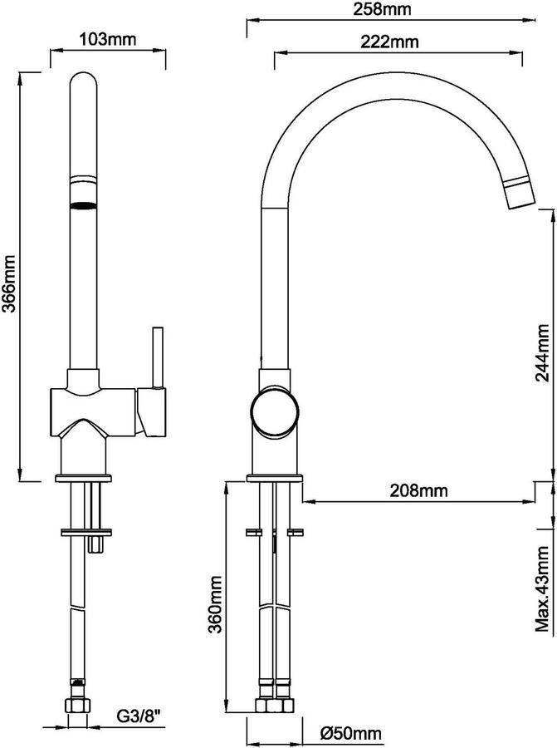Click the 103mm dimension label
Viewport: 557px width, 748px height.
[x=108, y=38]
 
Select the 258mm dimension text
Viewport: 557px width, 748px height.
[x=382, y=9]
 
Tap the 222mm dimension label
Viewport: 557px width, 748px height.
[x=389, y=42]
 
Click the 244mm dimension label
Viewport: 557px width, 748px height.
[x=542, y=353]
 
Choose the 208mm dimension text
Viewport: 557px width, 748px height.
[x=419, y=490]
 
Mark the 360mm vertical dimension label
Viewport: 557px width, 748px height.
[x=215, y=604]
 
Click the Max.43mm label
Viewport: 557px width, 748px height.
[x=543, y=588]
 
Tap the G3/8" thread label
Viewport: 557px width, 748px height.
[x=139, y=716]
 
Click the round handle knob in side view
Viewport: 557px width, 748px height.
[x=276, y=411]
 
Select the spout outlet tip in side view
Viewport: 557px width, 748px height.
[x=521, y=194]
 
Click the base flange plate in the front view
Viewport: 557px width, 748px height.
[x=84, y=478]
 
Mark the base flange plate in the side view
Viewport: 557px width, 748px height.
[x=276, y=479]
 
